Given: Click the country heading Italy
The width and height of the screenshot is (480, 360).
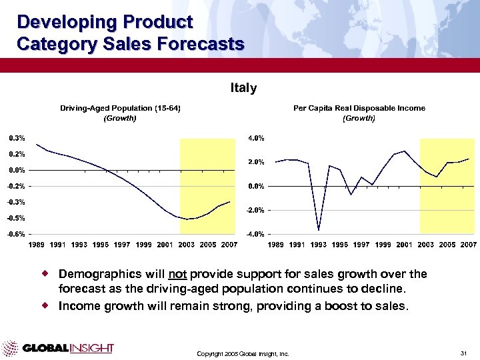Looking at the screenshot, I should click(x=243, y=88).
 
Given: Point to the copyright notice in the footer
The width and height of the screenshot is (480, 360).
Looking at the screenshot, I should click(x=243, y=353).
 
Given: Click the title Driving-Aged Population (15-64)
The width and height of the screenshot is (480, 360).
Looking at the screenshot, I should click(x=120, y=108).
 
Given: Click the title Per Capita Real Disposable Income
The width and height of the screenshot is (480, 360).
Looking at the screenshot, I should click(x=359, y=108).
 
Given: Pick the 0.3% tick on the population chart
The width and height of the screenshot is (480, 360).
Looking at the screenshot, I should click(x=17, y=138).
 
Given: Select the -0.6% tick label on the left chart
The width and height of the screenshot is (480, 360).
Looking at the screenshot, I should click(x=17, y=234).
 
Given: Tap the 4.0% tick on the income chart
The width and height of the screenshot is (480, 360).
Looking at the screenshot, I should click(x=256, y=138).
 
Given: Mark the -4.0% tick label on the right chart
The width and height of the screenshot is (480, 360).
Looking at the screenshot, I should click(x=255, y=234).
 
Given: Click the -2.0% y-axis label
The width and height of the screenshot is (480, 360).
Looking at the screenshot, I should click(x=255, y=210).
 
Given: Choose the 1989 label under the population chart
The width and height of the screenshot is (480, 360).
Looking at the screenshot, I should click(x=37, y=245).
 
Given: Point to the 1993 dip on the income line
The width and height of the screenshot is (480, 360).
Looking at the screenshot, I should click(x=319, y=230).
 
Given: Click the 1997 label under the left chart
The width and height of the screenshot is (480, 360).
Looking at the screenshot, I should click(x=122, y=245).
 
